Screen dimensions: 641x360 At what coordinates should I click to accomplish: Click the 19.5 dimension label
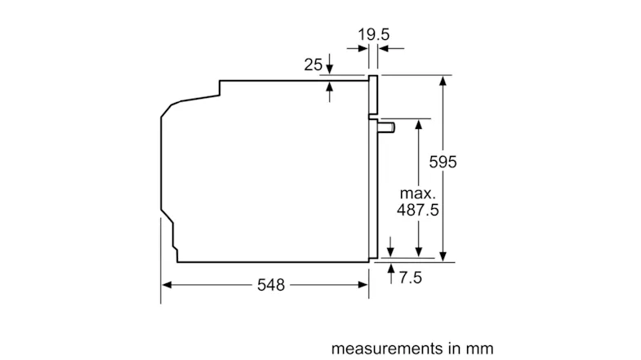374,34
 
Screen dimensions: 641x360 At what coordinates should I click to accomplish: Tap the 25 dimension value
313,64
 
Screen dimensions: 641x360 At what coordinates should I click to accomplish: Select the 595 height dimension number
443,162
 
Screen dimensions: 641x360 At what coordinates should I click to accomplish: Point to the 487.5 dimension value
417,210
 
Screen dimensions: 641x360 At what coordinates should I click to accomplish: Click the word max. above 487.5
417,193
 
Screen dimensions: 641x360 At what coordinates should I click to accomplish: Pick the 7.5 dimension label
410,278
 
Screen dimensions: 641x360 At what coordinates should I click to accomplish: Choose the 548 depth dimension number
270,285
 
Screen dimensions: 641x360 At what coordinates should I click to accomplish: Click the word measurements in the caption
387,349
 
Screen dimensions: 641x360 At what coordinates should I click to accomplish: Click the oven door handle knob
386,127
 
